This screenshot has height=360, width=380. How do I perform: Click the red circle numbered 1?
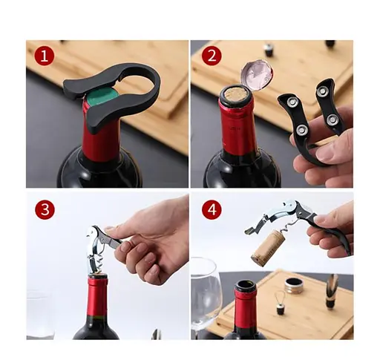[45, 56]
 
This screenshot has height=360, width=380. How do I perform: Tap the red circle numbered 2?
[212, 56]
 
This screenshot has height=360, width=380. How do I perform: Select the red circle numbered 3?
[45, 209]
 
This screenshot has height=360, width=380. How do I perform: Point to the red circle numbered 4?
[212, 210]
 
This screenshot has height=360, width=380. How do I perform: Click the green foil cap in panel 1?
[102, 96]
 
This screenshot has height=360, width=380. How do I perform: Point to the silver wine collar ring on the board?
[295, 285]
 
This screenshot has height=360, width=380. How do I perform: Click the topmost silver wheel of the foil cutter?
[322, 91]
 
